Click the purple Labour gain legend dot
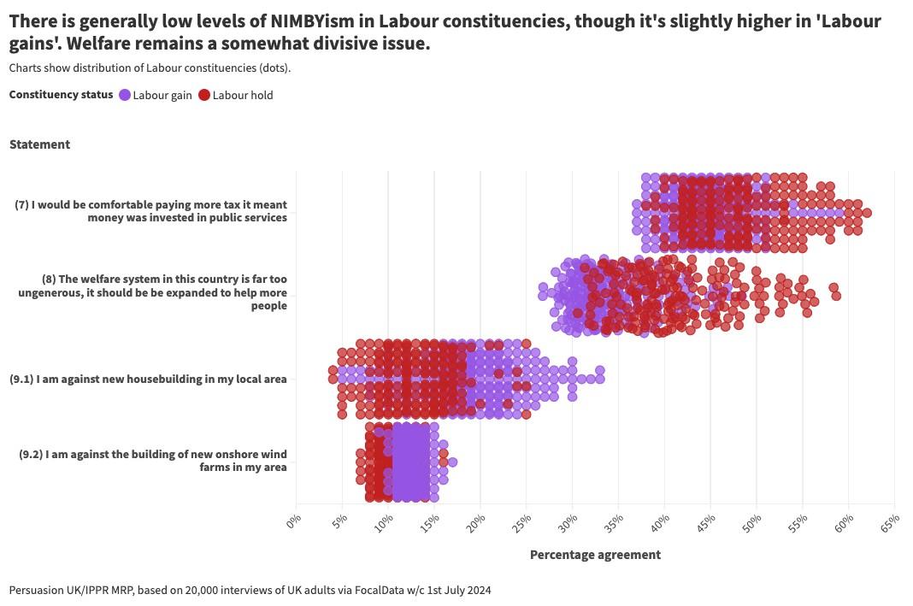[x=125, y=95]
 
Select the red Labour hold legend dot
[x=204, y=95]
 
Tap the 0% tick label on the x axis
[x=293, y=521]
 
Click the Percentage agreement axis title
[x=595, y=555]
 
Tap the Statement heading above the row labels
[x=40, y=144]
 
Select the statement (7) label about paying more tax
[x=151, y=211]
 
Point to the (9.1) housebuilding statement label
[x=148, y=379]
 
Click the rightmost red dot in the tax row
[x=867, y=213]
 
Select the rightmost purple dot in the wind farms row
[x=452, y=462]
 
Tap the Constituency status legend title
[x=61, y=95]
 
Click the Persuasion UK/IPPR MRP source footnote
[x=250, y=590]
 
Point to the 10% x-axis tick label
[x=383, y=521]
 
